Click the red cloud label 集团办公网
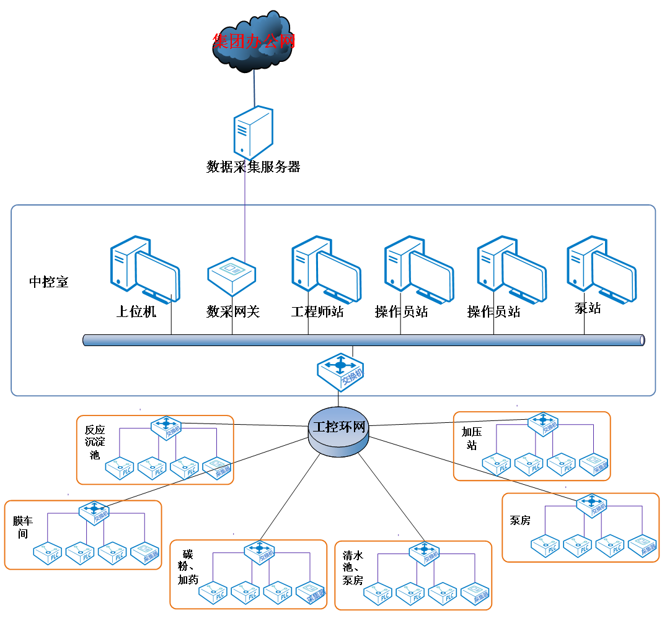254,41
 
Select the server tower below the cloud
253,132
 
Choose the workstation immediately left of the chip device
145,269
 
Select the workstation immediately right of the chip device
326,269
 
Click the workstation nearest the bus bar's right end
601,269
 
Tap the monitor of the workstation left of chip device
159,276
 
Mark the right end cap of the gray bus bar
642,340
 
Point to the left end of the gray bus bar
86,340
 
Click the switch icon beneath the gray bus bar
340,371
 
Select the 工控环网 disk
338,432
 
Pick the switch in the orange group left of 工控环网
167,427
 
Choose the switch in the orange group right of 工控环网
543,423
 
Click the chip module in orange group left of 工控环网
217,469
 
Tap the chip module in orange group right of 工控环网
594,464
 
